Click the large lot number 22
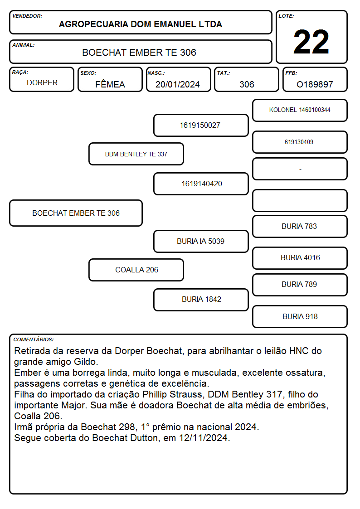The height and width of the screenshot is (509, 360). click(x=311, y=42)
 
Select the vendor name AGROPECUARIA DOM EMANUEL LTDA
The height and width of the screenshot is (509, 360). click(x=141, y=24)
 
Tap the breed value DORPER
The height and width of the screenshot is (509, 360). click(x=42, y=83)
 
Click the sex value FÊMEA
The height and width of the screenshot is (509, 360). click(x=110, y=84)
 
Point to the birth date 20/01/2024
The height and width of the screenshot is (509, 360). click(x=178, y=84)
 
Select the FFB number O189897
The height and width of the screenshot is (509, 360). click(x=315, y=84)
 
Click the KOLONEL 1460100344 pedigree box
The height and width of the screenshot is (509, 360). click(x=300, y=111)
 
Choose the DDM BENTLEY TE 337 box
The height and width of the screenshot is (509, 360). click(x=136, y=154)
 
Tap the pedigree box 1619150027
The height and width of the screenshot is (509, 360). click(x=201, y=125)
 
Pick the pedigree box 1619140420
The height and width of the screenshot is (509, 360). click(x=201, y=184)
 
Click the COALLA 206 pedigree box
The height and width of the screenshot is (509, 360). click(x=136, y=270)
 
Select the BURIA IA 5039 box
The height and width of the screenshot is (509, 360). click(x=201, y=241)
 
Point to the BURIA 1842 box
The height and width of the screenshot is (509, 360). click(x=201, y=300)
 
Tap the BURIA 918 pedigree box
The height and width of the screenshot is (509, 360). click(x=300, y=316)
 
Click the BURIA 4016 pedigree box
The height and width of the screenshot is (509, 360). click(x=300, y=258)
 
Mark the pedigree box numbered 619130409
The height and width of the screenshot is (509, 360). click(x=300, y=142)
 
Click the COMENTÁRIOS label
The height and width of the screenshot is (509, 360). click(x=34, y=339)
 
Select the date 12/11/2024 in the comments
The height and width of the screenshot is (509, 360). click(x=203, y=438)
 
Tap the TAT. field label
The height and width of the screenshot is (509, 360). click(x=224, y=73)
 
